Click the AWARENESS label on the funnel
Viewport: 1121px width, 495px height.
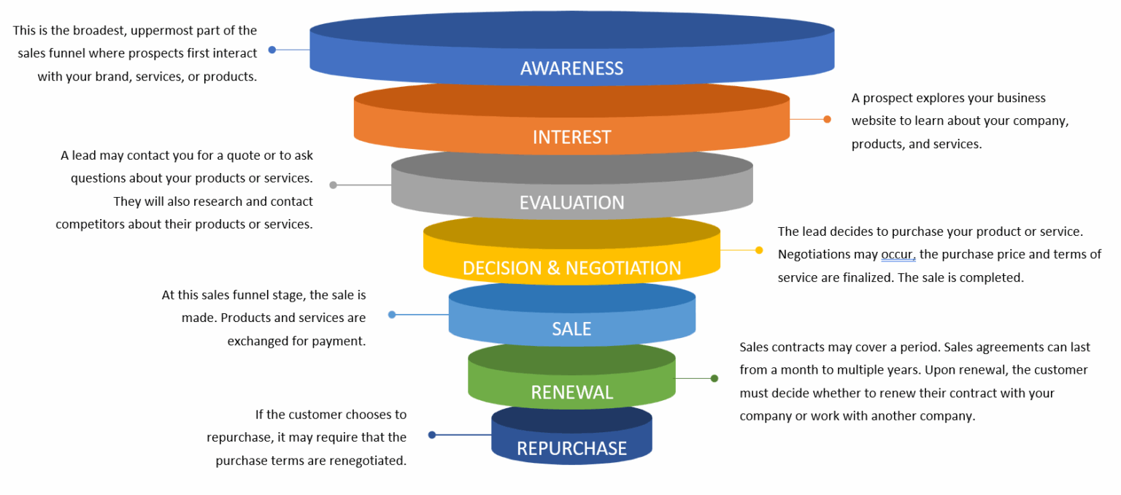tap(571, 69)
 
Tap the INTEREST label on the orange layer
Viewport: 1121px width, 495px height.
tap(571, 137)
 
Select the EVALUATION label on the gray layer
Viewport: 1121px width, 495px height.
tap(571, 202)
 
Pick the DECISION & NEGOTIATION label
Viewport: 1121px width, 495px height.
tap(571, 268)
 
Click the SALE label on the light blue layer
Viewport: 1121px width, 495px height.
tap(571, 329)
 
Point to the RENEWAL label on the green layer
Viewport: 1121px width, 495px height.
tap(571, 393)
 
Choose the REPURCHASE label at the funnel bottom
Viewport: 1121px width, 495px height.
tap(571, 448)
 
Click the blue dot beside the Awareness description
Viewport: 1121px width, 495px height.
tap(272, 50)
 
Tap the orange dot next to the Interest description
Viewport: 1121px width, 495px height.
tap(827, 119)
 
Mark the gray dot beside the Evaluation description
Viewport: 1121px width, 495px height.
tap(334, 185)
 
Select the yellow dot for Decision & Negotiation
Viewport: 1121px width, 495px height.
tap(759, 250)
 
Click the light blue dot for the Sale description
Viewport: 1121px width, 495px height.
tap(392, 315)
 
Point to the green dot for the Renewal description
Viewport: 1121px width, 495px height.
tap(714, 378)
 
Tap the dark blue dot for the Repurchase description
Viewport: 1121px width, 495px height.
tap(432, 434)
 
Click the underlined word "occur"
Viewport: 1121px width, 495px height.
tap(898, 255)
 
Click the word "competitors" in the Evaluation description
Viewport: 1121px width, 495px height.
tap(89, 225)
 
